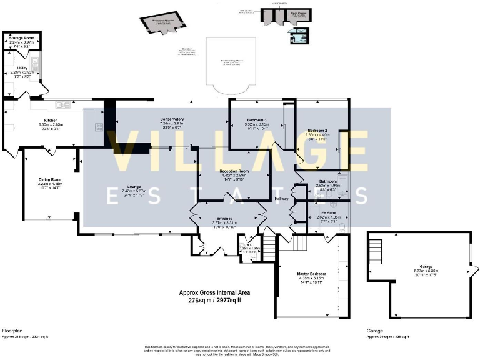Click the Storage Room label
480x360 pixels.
tap(22, 38)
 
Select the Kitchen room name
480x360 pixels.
tap(51, 120)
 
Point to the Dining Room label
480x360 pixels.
tap(51, 180)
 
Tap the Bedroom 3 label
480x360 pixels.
tap(256, 120)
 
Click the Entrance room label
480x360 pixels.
tap(225, 218)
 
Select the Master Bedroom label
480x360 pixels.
tap(311, 272)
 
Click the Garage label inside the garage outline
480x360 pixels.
tap(419, 266)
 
